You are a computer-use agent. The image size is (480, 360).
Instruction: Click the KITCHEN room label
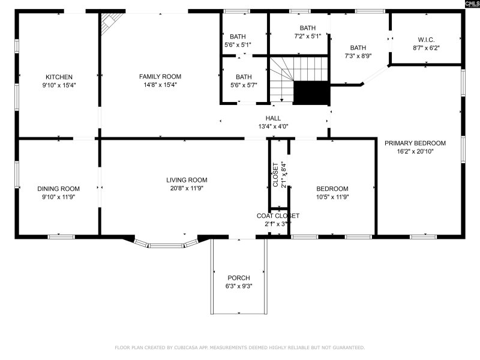pos(59,77)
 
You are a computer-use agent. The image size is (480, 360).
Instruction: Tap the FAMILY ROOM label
pos(160,76)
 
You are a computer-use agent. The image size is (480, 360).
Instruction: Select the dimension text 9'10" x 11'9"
pos(58,196)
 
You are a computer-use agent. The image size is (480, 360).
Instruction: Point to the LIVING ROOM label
pos(187,180)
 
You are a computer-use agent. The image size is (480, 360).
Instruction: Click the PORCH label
pos(239,278)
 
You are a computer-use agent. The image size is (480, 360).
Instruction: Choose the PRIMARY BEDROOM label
pos(415,143)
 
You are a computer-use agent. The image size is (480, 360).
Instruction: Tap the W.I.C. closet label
pos(426,40)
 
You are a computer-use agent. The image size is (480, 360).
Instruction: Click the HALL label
pos(273,118)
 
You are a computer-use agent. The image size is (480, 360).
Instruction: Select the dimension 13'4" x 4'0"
pos(273,127)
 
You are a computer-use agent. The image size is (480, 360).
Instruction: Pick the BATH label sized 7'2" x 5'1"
pos(307,28)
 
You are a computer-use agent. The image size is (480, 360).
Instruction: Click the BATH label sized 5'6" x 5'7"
pos(244,77)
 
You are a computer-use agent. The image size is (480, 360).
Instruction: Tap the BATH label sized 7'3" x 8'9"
pos(358,48)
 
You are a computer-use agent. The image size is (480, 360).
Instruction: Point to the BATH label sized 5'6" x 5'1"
pos(238,36)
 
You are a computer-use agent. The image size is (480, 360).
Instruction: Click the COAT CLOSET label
pos(278,216)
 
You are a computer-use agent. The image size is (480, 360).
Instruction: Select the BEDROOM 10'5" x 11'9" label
pos(332,188)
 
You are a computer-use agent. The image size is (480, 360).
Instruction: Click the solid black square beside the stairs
pos(311,93)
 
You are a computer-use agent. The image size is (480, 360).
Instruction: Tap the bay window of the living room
pos(166,244)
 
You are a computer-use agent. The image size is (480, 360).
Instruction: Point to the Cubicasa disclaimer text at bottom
pos(239,347)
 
